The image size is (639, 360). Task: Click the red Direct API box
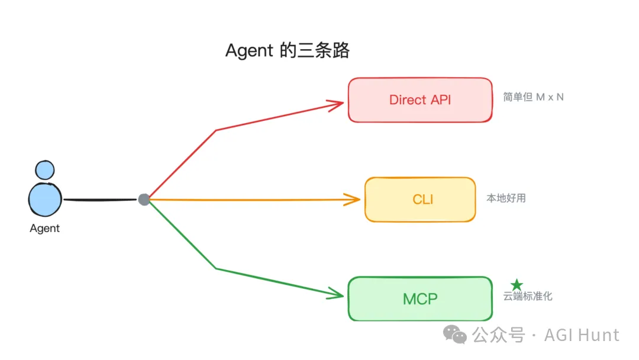419,100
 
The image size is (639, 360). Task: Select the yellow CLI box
419,200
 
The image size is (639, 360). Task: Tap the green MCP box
419,298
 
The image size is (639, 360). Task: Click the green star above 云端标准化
517,285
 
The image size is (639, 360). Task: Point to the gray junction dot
144,200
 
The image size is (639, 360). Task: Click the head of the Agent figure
44,170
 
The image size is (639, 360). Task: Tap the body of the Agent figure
45,199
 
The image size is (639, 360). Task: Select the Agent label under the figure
45,229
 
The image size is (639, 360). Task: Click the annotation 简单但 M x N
533,97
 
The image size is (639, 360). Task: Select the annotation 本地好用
506,198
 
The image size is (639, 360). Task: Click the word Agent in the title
249,51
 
